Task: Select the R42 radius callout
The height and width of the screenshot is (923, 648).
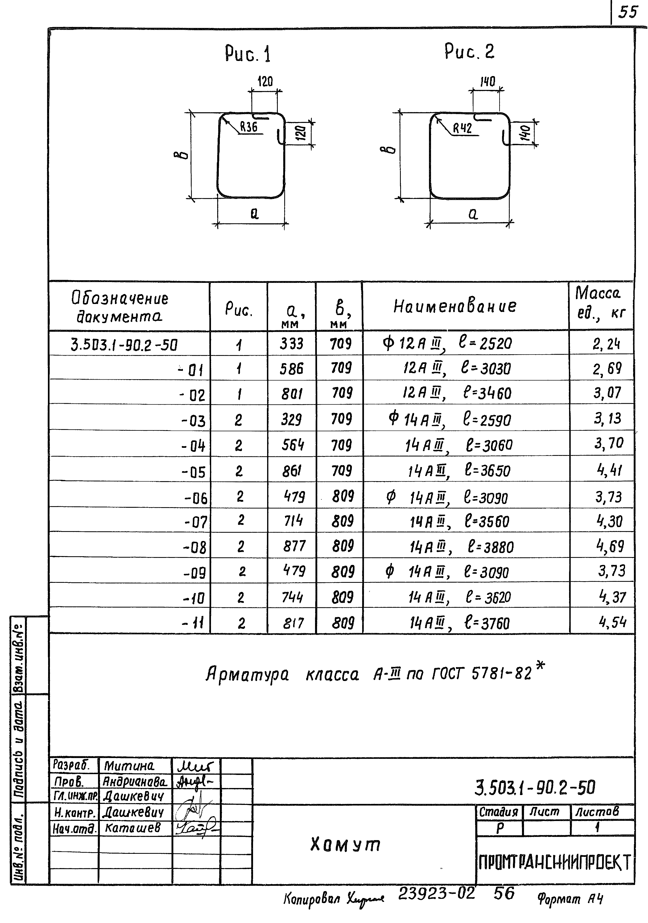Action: click(462, 129)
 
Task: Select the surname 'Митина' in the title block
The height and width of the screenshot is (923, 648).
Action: click(129, 765)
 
